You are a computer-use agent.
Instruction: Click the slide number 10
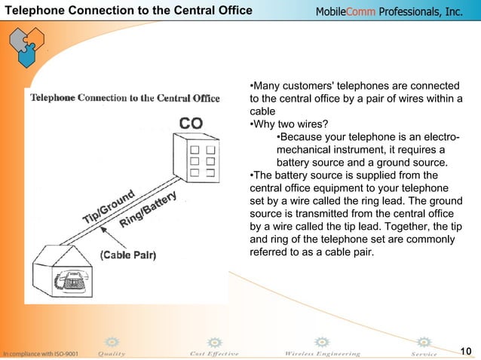465,351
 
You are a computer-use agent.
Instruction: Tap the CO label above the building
191,123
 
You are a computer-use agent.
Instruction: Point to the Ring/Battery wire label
148,211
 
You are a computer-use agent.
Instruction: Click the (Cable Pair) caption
127,255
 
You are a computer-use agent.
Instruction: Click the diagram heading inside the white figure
124,98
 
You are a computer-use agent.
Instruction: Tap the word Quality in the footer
112,353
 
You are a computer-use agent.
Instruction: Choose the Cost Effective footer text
214,353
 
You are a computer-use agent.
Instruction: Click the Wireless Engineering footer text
322,353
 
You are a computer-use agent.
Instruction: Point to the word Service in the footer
423,353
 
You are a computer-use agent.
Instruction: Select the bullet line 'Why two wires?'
289,124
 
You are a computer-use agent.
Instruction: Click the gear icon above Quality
112,342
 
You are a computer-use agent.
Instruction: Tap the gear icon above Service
424,342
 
